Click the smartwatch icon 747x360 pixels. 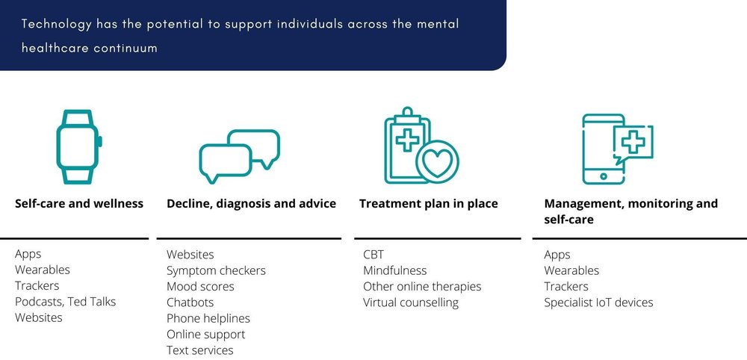coord(76,146)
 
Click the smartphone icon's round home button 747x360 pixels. coord(604,176)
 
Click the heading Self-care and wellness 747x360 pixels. coord(79,203)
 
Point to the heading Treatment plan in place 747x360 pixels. coord(428,203)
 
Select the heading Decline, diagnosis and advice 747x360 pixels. coord(251,203)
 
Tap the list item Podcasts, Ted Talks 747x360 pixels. coord(66,302)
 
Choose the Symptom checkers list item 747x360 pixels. coord(216,270)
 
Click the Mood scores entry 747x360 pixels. coord(200,287)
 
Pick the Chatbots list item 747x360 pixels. coord(190,302)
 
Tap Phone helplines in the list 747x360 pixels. coord(208,318)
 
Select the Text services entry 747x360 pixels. coord(199,350)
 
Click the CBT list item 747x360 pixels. coord(373,255)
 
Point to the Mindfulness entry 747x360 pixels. coord(394,270)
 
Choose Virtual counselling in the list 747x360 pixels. coord(411,302)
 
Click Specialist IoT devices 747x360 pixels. coord(598,302)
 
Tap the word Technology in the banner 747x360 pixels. coord(55,25)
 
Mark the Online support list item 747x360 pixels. coord(205,334)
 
